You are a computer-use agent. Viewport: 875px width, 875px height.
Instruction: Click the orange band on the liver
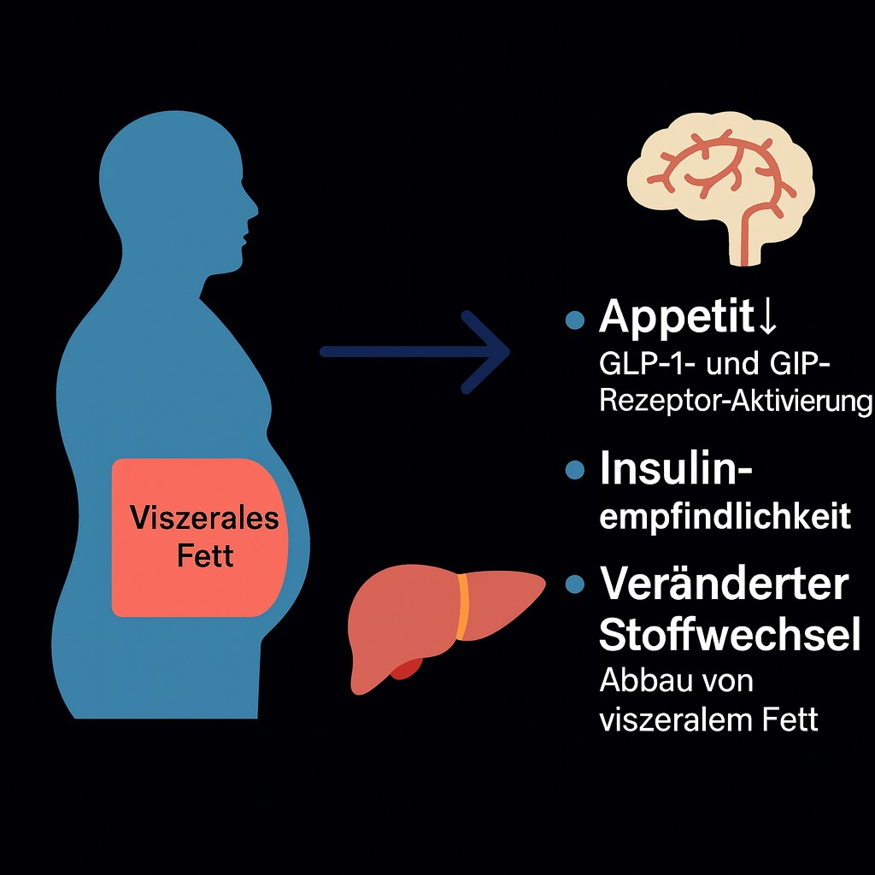point(463,607)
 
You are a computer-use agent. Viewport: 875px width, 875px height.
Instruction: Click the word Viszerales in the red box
point(204,517)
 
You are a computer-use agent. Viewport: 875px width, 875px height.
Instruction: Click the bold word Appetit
point(676,317)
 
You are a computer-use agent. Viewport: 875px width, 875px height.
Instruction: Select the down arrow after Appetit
point(766,317)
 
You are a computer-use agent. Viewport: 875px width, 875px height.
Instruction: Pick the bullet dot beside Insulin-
point(575,470)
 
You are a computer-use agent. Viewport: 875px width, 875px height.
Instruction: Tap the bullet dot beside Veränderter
point(575,584)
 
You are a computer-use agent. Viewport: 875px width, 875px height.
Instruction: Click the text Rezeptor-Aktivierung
point(736,401)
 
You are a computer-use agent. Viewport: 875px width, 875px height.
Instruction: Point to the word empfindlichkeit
point(725,517)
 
